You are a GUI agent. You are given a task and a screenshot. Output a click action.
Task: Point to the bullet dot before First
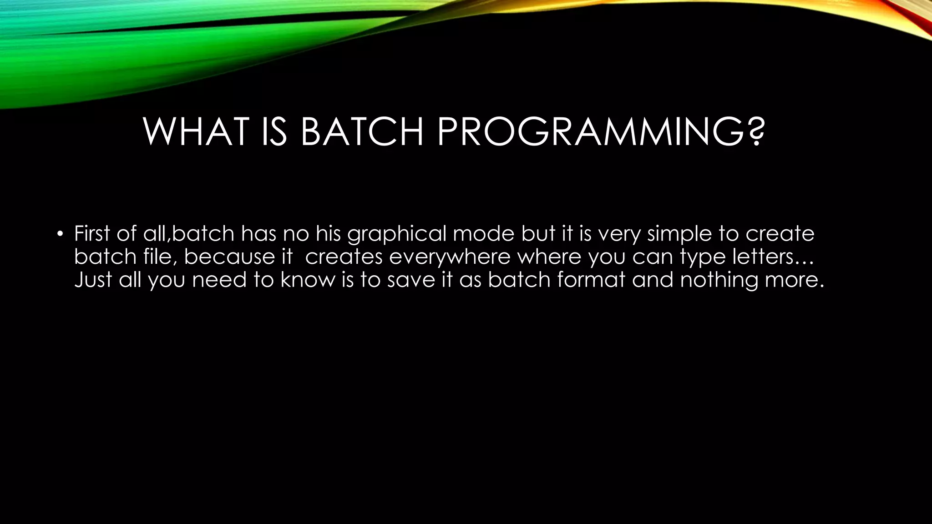point(59,235)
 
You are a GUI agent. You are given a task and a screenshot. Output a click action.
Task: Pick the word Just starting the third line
point(93,279)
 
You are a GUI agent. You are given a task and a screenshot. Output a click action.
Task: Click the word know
point(307,279)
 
